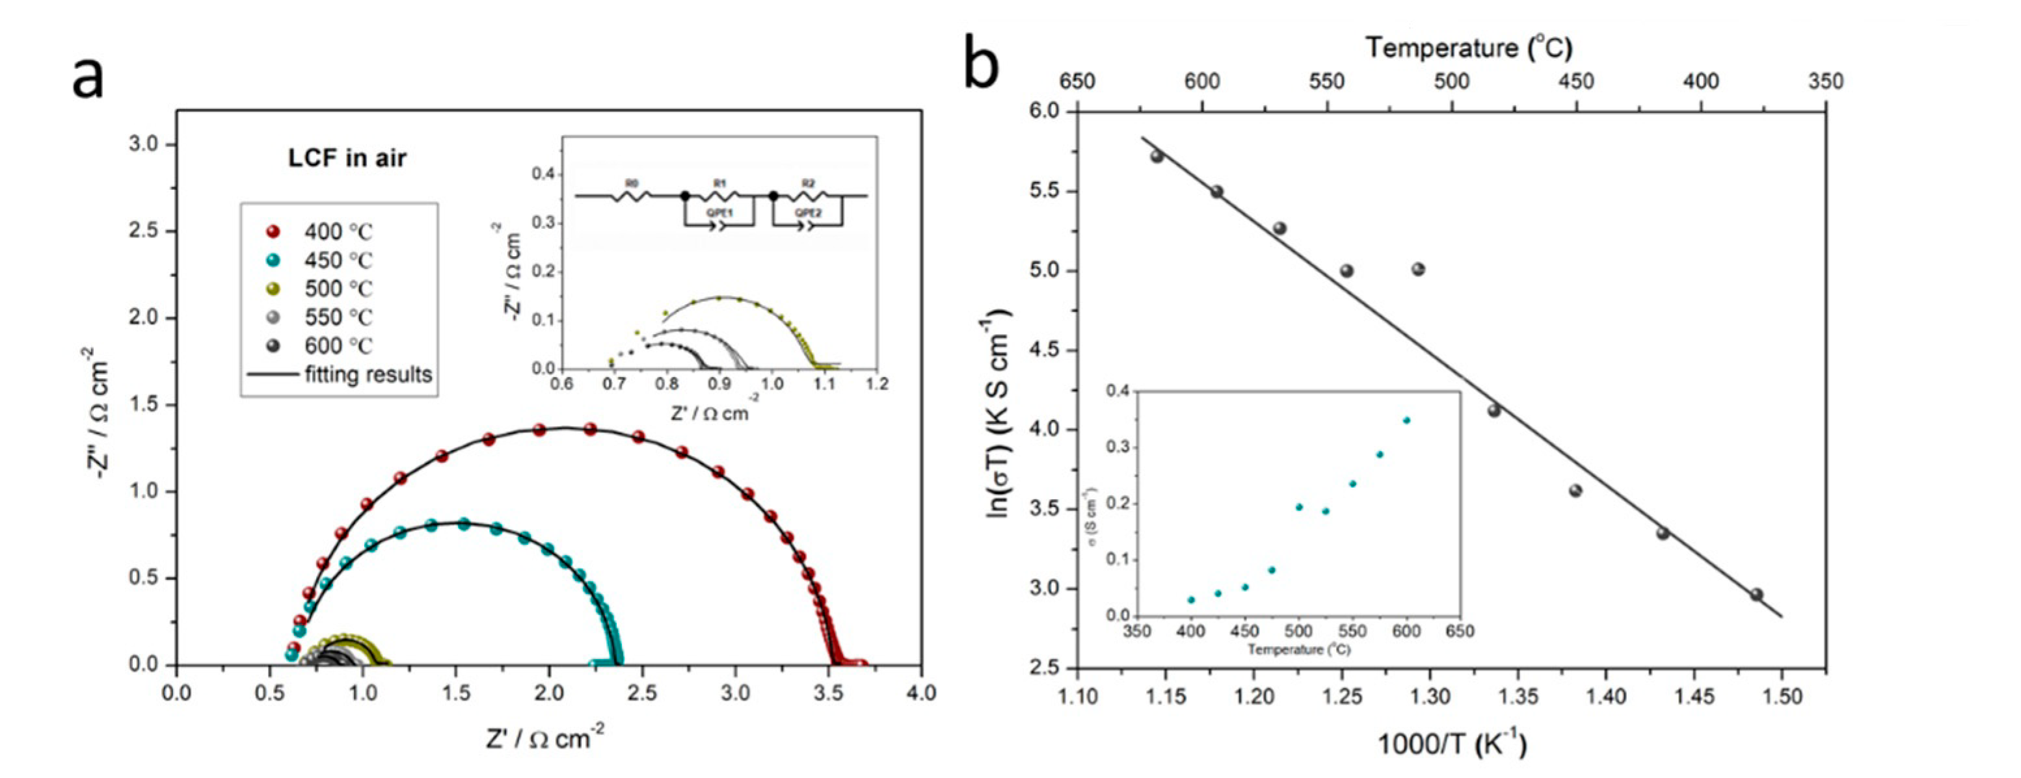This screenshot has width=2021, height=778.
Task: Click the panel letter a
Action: point(87,79)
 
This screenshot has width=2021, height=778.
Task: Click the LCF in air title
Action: point(347,159)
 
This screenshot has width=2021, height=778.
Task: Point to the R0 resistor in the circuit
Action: point(631,194)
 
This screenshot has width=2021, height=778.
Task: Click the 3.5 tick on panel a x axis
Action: point(829,694)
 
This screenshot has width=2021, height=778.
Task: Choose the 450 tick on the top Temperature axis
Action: point(1576,81)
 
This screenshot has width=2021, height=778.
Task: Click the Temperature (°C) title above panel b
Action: point(1469,49)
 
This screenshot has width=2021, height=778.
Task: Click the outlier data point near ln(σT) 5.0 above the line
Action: point(1417,269)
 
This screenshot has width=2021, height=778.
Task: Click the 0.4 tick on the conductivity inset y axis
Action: point(1119,391)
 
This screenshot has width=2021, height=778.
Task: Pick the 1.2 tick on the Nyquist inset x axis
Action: point(877,384)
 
